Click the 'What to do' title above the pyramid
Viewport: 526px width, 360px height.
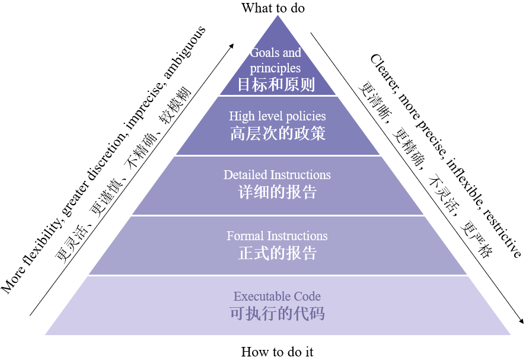273,8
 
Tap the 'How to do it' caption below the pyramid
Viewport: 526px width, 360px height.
277,352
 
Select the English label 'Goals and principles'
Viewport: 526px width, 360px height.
275,60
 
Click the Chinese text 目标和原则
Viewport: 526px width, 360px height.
276,84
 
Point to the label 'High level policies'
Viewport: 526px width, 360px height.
278,116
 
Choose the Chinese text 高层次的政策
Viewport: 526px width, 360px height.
278,133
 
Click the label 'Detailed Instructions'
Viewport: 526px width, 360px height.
277,175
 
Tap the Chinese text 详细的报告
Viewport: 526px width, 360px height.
278,192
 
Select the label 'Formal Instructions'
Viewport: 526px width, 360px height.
277,236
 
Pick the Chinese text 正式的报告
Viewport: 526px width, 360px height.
278,253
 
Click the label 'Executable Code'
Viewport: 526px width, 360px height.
277,297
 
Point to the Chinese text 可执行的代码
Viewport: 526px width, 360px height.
278,313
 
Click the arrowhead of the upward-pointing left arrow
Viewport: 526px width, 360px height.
231,46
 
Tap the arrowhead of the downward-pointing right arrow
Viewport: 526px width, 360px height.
521,320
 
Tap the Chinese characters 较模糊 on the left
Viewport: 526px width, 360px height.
176,104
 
